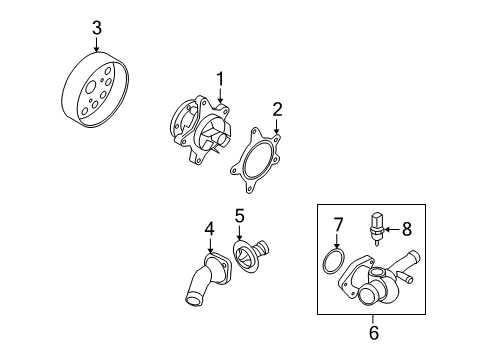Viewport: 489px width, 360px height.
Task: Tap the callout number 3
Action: pyautogui.click(x=96, y=29)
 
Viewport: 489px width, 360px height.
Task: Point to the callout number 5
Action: pyautogui.click(x=239, y=215)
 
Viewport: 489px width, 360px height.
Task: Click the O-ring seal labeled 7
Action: pyautogui.click(x=337, y=263)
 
